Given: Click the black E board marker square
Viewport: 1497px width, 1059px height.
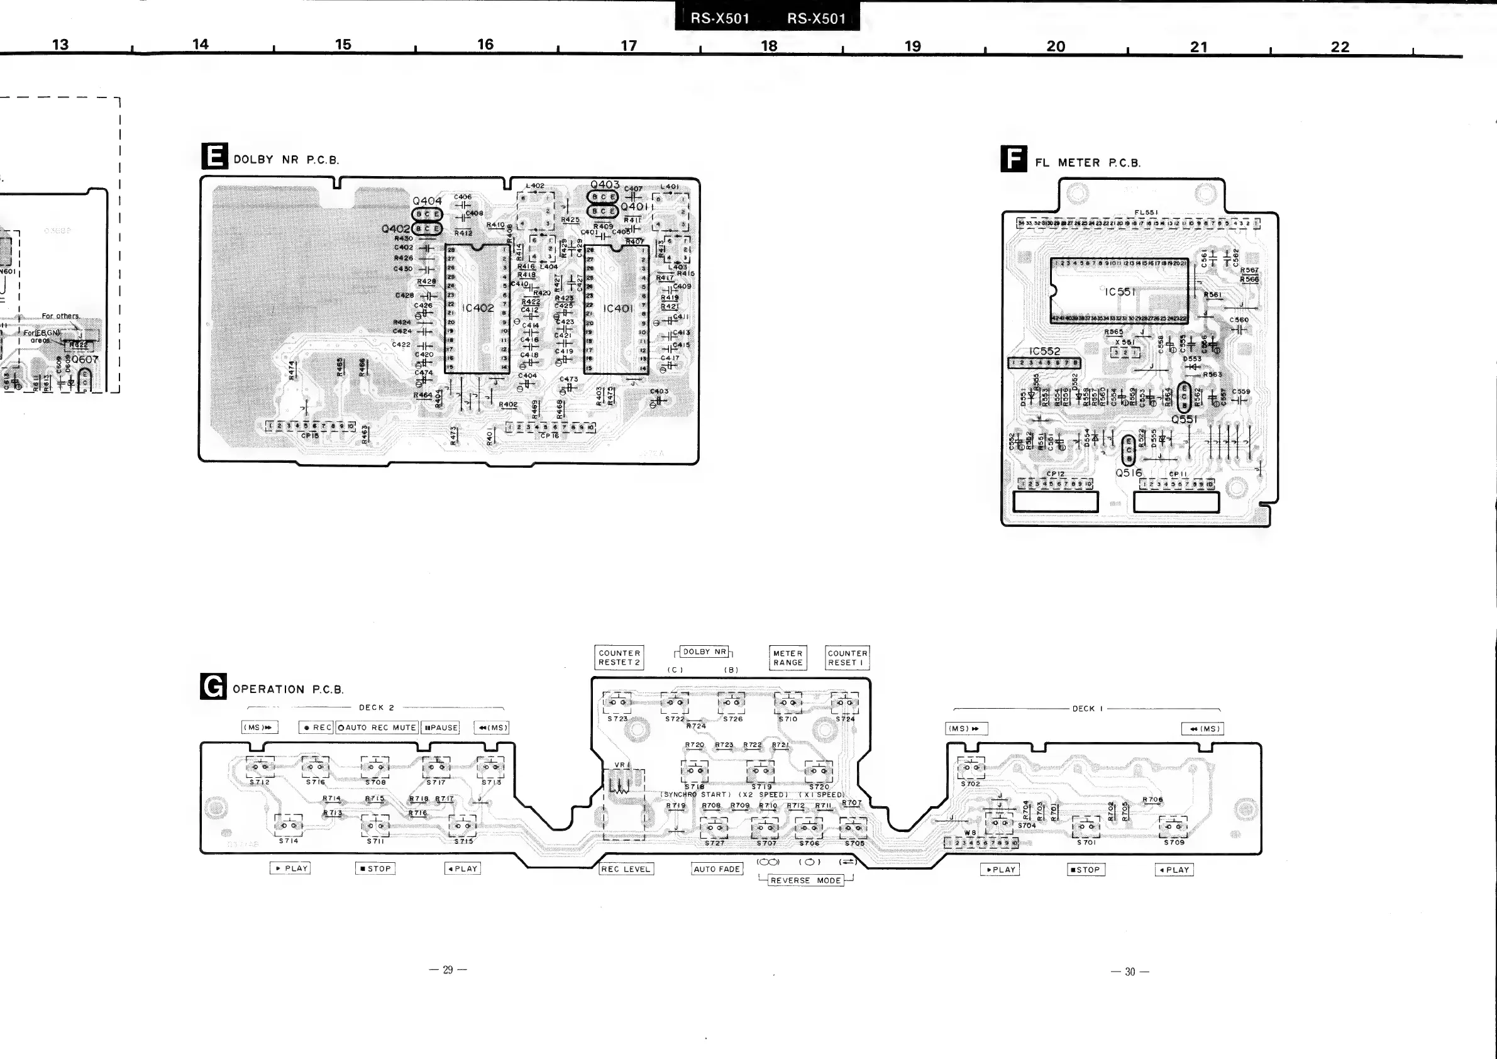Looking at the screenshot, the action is [214, 156].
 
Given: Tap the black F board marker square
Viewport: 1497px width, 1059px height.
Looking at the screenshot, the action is [1014, 158].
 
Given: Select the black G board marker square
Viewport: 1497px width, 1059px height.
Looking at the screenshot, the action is [213, 686].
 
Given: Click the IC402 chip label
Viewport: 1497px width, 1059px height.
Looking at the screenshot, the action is [478, 308].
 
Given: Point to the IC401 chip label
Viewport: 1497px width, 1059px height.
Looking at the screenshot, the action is [617, 308].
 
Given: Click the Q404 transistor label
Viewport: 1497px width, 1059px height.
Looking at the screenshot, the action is [427, 201].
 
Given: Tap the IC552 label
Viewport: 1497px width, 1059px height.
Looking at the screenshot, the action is [1044, 351].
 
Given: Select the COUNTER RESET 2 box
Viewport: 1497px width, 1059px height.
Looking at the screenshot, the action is [619, 657].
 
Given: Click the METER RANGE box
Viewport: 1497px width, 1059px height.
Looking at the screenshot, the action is [788, 657].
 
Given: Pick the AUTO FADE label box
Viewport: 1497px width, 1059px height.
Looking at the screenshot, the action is [717, 868].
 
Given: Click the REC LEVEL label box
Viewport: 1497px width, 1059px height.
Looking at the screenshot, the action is [626, 868].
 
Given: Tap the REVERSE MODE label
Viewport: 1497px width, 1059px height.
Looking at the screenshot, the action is [805, 880].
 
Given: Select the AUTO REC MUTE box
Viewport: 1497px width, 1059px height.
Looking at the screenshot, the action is [377, 727].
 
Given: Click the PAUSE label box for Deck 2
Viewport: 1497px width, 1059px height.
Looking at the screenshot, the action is [441, 727].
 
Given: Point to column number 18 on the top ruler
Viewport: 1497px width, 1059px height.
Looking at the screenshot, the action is [770, 46].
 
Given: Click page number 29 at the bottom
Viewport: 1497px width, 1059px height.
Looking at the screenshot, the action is [447, 970].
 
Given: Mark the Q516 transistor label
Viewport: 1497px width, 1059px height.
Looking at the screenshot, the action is [1129, 473].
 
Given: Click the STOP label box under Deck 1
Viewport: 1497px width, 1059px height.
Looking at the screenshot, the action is [1086, 869].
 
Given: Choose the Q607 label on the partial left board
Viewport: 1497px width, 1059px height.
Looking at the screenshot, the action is [85, 359].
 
